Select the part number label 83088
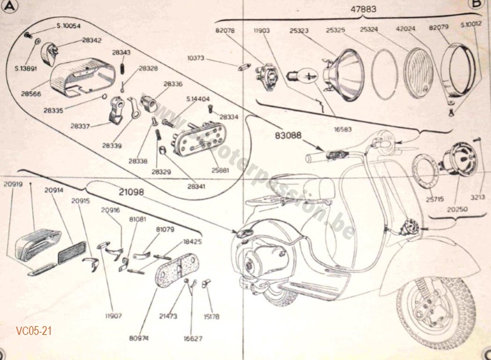tap(288, 136)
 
